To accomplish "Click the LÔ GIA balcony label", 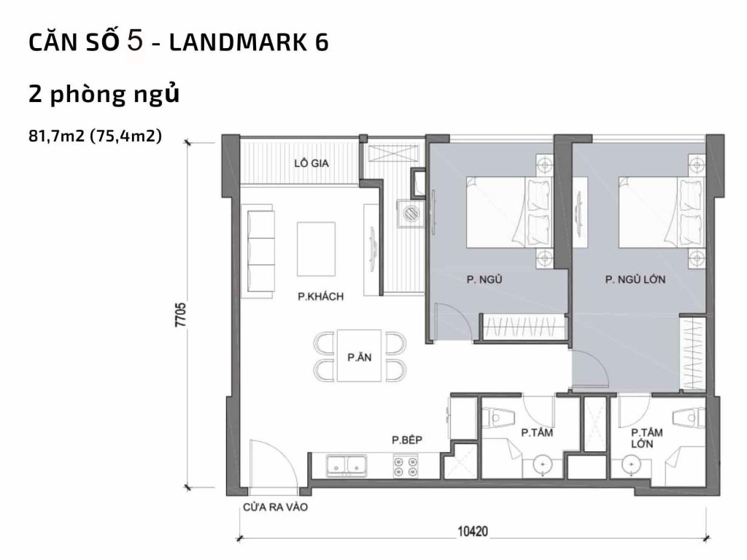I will tap(311, 163).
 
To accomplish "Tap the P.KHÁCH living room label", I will tap(321, 297).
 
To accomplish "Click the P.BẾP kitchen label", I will tap(408, 440).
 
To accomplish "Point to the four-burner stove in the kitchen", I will tap(406, 466).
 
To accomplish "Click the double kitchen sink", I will tap(346, 465).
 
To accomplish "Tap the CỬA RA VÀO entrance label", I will tap(275, 508).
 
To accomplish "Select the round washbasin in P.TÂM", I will tap(543, 464).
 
